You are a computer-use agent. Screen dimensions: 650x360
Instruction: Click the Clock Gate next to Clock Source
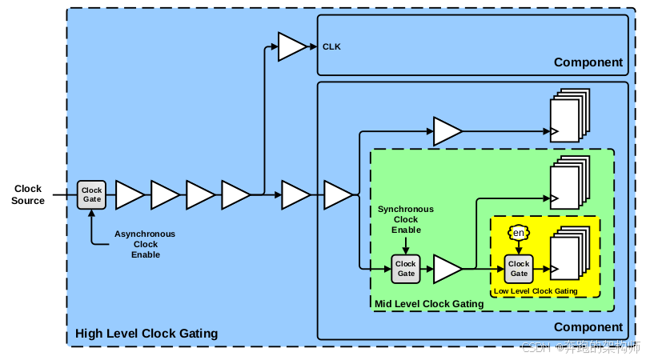(91, 194)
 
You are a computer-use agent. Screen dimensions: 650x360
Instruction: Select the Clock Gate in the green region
(405, 269)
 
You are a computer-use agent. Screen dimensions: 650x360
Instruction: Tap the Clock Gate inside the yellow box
(519, 269)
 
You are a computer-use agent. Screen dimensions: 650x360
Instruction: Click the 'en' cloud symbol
(519, 233)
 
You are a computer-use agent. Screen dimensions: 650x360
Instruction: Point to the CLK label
(331, 47)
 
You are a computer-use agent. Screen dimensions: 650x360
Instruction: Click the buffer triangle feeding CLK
(292, 47)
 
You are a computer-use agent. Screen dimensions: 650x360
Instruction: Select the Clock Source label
(28, 194)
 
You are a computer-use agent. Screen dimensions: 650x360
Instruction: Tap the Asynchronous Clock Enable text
(145, 245)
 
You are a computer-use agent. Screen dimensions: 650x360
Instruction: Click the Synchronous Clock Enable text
(406, 219)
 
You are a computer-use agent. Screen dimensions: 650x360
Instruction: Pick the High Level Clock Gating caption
(146, 334)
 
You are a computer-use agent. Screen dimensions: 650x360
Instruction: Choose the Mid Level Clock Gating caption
(429, 304)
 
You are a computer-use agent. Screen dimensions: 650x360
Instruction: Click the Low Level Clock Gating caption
(536, 291)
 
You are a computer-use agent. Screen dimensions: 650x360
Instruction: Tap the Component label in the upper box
(588, 62)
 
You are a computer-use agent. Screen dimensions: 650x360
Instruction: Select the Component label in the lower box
(588, 327)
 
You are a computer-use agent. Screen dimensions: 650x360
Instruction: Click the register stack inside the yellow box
(570, 253)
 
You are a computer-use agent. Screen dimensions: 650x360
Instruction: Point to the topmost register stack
(570, 115)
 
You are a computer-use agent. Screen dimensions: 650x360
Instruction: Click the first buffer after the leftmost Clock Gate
(130, 194)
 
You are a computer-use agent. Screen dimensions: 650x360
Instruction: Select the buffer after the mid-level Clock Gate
(447, 269)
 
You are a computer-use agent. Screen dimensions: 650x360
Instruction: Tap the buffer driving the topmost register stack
(447, 131)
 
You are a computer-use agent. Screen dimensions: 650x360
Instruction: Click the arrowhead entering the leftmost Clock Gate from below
(91, 214)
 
